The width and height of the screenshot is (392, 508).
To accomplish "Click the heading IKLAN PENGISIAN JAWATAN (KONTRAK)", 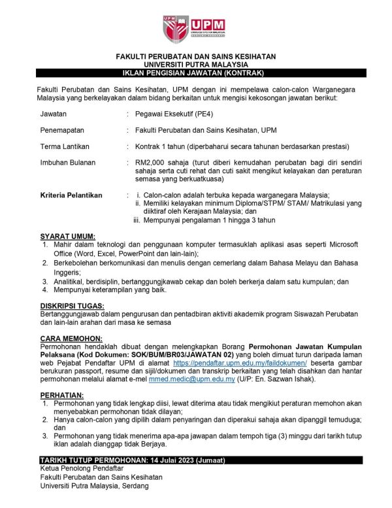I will pyautogui.click(x=195, y=73).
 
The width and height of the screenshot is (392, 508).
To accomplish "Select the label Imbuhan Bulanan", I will pyautogui.click(x=68, y=162).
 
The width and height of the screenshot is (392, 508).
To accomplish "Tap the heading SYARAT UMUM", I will pyautogui.click(x=67, y=236).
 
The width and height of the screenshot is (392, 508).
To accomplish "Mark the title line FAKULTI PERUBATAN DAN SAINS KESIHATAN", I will pyautogui.click(x=195, y=57).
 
